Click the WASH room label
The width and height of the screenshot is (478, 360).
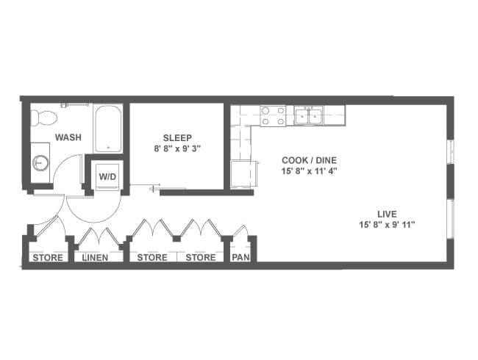68,137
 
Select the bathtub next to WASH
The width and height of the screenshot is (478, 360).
108,129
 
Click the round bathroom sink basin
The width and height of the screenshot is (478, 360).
40,163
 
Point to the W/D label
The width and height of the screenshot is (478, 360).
108,176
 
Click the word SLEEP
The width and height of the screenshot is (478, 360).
177,138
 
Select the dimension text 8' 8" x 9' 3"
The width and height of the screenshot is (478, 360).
177,149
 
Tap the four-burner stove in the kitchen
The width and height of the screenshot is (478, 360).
273,116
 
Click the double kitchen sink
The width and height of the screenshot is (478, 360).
309,115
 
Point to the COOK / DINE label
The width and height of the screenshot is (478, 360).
309,160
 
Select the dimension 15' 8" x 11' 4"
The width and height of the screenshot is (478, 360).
309,171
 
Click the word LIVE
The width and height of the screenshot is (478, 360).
387,214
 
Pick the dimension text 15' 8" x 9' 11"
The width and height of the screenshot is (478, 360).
387,225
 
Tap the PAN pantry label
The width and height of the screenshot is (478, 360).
240,257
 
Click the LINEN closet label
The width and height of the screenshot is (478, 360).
96,258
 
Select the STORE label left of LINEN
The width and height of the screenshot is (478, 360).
48,258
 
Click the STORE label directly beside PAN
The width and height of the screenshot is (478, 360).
201,258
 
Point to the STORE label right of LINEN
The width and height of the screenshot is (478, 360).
152,258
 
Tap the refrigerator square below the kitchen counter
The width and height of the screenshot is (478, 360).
243,175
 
